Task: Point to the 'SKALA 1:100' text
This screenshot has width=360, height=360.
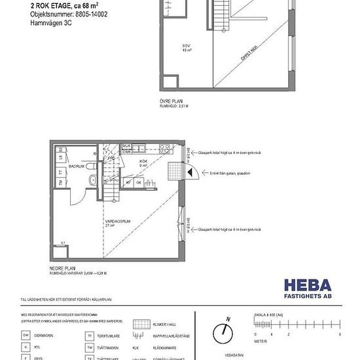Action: point(268,315)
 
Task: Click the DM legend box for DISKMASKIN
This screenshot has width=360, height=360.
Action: point(26,333)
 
